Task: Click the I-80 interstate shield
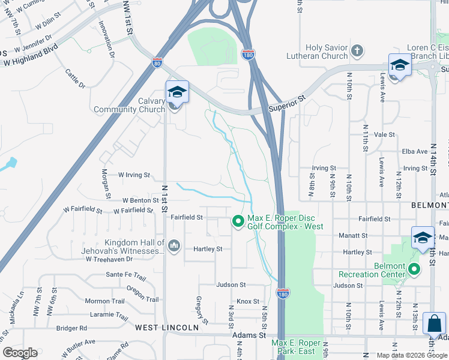click(157, 61)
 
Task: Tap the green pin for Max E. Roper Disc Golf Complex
click(238, 222)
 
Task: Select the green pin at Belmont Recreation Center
click(415, 269)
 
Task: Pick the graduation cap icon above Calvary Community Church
click(177, 92)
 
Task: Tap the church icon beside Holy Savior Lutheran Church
click(357, 52)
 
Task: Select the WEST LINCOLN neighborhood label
click(166, 328)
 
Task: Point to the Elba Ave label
click(414, 151)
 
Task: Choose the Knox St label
click(248, 301)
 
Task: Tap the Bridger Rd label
click(71, 328)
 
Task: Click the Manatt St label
click(352, 236)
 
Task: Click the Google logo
click(20, 353)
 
